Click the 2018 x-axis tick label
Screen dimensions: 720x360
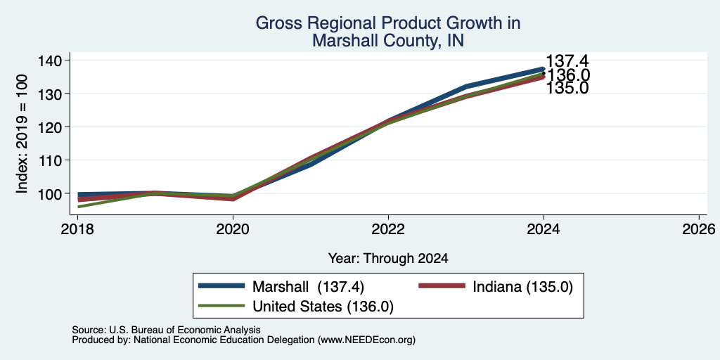click(x=77, y=229)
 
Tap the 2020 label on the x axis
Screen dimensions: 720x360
click(x=233, y=229)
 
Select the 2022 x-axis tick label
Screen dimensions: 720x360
click(x=388, y=229)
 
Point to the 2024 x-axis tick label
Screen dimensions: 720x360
click(x=544, y=229)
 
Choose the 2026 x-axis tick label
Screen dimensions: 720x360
click(x=699, y=229)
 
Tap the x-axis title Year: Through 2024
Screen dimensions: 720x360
click(x=388, y=259)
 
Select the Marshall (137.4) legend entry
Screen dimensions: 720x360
click(x=281, y=287)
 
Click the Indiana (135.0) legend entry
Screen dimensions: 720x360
click(x=496, y=287)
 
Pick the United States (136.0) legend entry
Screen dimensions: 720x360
click(x=296, y=307)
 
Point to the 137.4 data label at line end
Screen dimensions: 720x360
click(x=567, y=60)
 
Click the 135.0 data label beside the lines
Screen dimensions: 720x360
click(x=567, y=88)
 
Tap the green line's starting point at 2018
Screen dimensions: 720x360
click(x=79, y=207)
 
